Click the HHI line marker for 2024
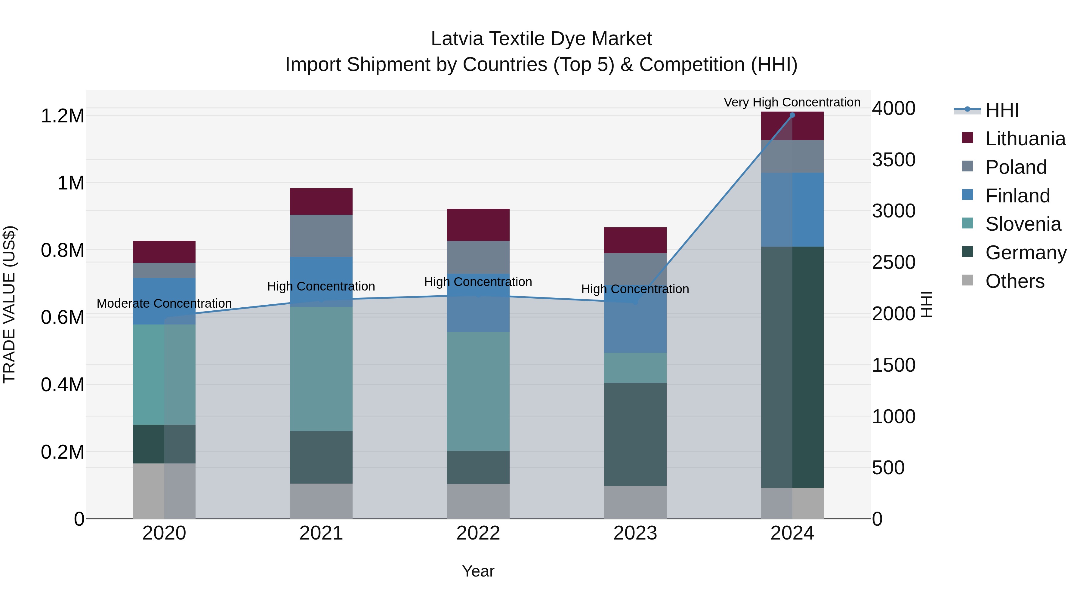click(x=792, y=115)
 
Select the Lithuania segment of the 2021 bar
click(x=321, y=201)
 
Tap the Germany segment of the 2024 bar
click(x=792, y=367)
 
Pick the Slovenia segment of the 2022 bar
click(x=478, y=391)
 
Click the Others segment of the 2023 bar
click(x=635, y=502)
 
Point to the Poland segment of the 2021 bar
click(x=321, y=235)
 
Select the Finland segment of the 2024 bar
click(x=792, y=209)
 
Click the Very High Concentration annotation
click(x=792, y=102)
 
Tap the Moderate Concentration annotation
click(x=164, y=303)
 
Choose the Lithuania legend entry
click(x=1025, y=139)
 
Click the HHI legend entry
click(x=1002, y=110)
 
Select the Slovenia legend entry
click(x=1023, y=224)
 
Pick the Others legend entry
click(x=1014, y=281)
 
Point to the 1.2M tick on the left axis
click(x=62, y=116)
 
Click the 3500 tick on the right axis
click(x=893, y=160)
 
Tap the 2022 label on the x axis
click(x=478, y=533)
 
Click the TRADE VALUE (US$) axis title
click(x=9, y=304)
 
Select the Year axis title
click(x=478, y=571)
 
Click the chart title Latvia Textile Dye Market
click(x=541, y=39)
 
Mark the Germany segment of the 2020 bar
click(x=164, y=444)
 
